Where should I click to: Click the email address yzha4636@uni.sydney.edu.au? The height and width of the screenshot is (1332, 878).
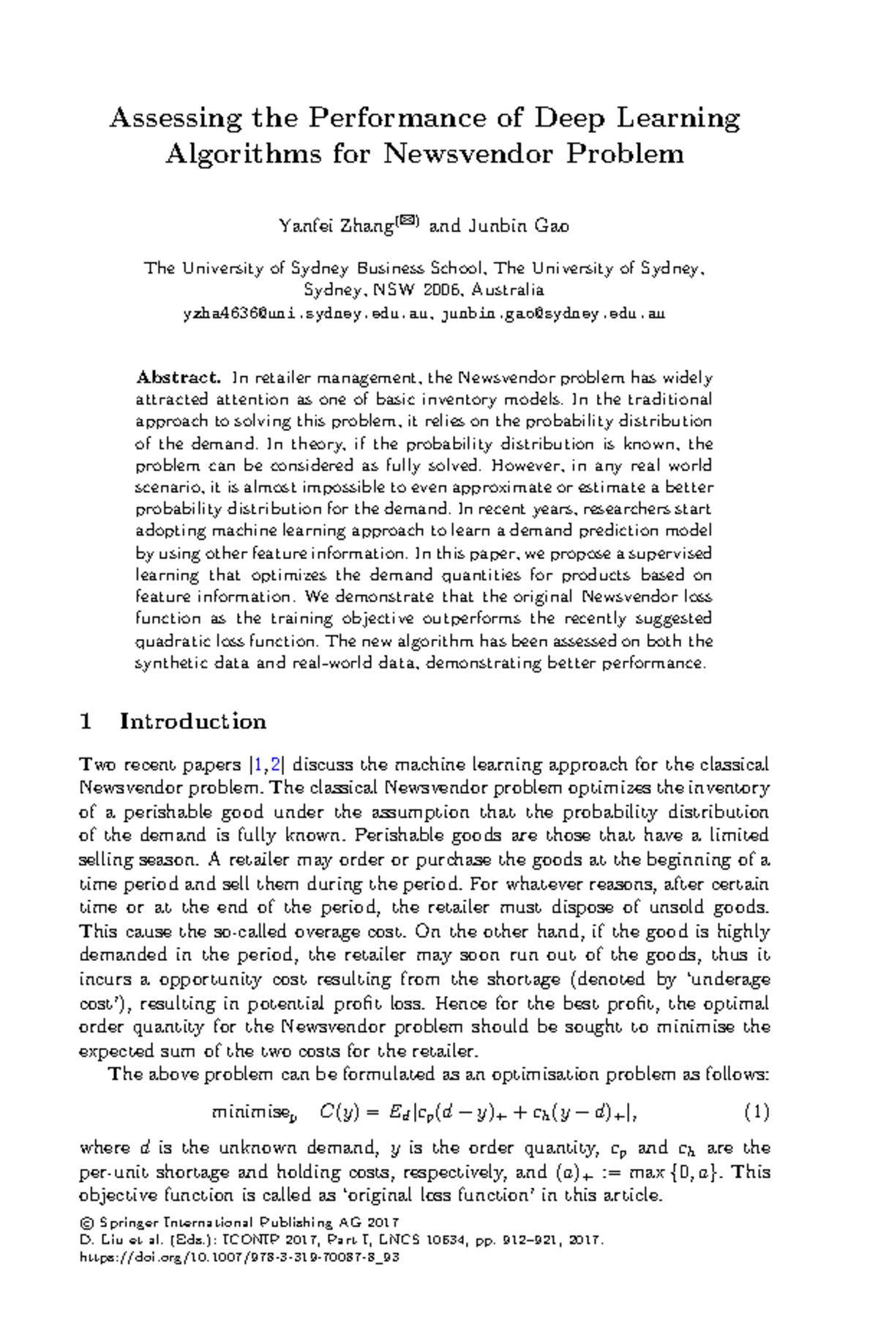point(306,313)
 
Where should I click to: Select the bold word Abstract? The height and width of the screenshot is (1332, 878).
point(178,378)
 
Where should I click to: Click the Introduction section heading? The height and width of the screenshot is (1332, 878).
point(192,722)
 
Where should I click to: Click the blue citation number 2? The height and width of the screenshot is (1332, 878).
point(275,765)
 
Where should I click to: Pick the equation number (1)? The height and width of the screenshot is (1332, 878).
point(757,1113)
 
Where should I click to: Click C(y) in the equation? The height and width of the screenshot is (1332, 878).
point(339,1113)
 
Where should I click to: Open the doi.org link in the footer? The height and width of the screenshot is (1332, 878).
point(238,1257)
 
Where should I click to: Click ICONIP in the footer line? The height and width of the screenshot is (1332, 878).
point(247,1240)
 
